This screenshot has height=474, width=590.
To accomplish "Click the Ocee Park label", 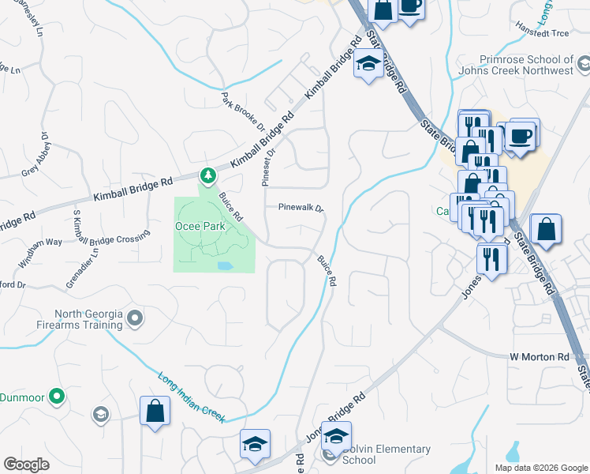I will click(200, 226).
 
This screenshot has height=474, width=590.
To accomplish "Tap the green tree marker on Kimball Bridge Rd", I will click(207, 175).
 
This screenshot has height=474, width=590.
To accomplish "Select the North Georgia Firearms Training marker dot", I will click(135, 318).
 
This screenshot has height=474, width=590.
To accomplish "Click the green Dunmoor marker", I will click(56, 396).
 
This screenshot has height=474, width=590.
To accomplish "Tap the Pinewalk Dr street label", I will click(301, 208).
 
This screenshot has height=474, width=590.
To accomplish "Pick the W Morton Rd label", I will click(539, 357).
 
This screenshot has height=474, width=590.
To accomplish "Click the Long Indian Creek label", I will click(191, 395).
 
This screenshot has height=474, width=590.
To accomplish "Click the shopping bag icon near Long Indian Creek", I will click(155, 412).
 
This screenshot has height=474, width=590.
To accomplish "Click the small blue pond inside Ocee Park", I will click(224, 265).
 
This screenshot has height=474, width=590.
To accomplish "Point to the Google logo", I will click(26, 465).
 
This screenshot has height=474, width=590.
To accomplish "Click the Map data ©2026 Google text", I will click(540, 467).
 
